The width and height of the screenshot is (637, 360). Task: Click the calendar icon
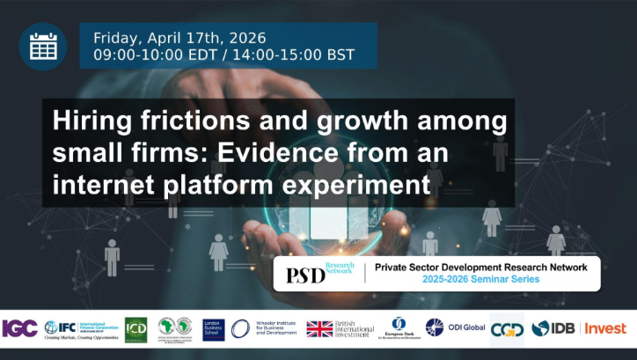point(43,46)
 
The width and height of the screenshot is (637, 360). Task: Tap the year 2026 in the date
point(247,38)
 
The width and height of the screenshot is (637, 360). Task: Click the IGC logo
point(18,328)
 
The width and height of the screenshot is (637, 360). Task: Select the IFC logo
point(79,329)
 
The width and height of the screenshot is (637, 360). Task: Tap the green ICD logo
point(135,329)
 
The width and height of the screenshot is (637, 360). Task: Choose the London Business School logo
point(213,329)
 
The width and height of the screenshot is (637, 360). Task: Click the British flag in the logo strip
point(319,329)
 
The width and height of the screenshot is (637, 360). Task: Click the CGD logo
point(507,329)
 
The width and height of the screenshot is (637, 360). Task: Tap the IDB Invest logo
point(580,328)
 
